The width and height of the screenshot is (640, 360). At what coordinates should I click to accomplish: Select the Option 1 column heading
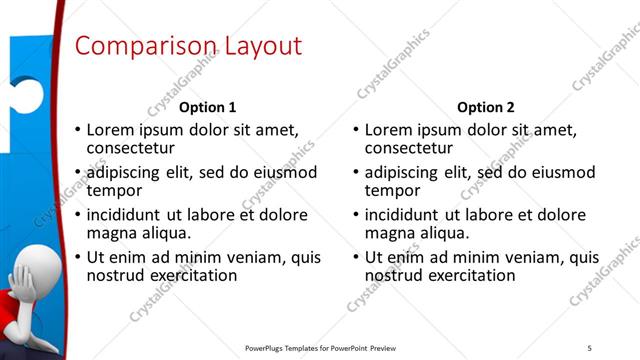208,107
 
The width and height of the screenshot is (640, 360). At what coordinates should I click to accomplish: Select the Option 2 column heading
486,107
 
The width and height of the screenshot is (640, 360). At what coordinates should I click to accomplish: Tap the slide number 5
589,347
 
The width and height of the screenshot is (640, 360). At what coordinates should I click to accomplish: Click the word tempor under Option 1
114,190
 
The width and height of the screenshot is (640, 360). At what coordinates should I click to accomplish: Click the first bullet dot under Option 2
355,131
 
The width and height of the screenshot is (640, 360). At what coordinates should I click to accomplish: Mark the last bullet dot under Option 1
77,257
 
